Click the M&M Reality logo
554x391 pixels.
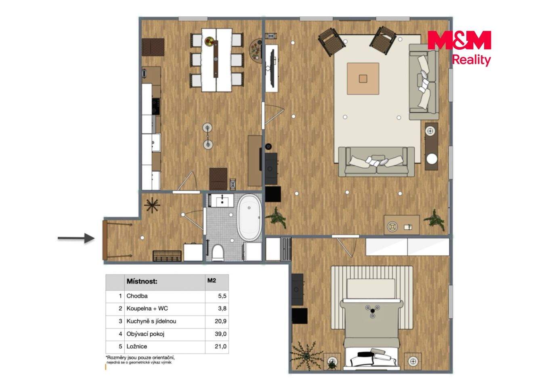(459, 48)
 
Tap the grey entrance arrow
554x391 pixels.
(76, 238)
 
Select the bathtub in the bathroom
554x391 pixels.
(249, 218)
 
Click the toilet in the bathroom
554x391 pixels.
(218, 253)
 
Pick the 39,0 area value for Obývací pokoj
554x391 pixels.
(220, 334)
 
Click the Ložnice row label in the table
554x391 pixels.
(137, 347)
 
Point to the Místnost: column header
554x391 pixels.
(142, 281)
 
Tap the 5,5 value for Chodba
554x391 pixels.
(222, 296)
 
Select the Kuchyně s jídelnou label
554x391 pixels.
(151, 321)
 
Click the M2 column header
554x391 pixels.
(212, 280)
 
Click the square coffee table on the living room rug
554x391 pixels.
(363, 79)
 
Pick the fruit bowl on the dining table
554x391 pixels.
(210, 41)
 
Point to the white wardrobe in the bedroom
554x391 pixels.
(407, 247)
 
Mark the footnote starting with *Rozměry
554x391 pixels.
(140, 360)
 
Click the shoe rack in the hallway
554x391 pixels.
(167, 256)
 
